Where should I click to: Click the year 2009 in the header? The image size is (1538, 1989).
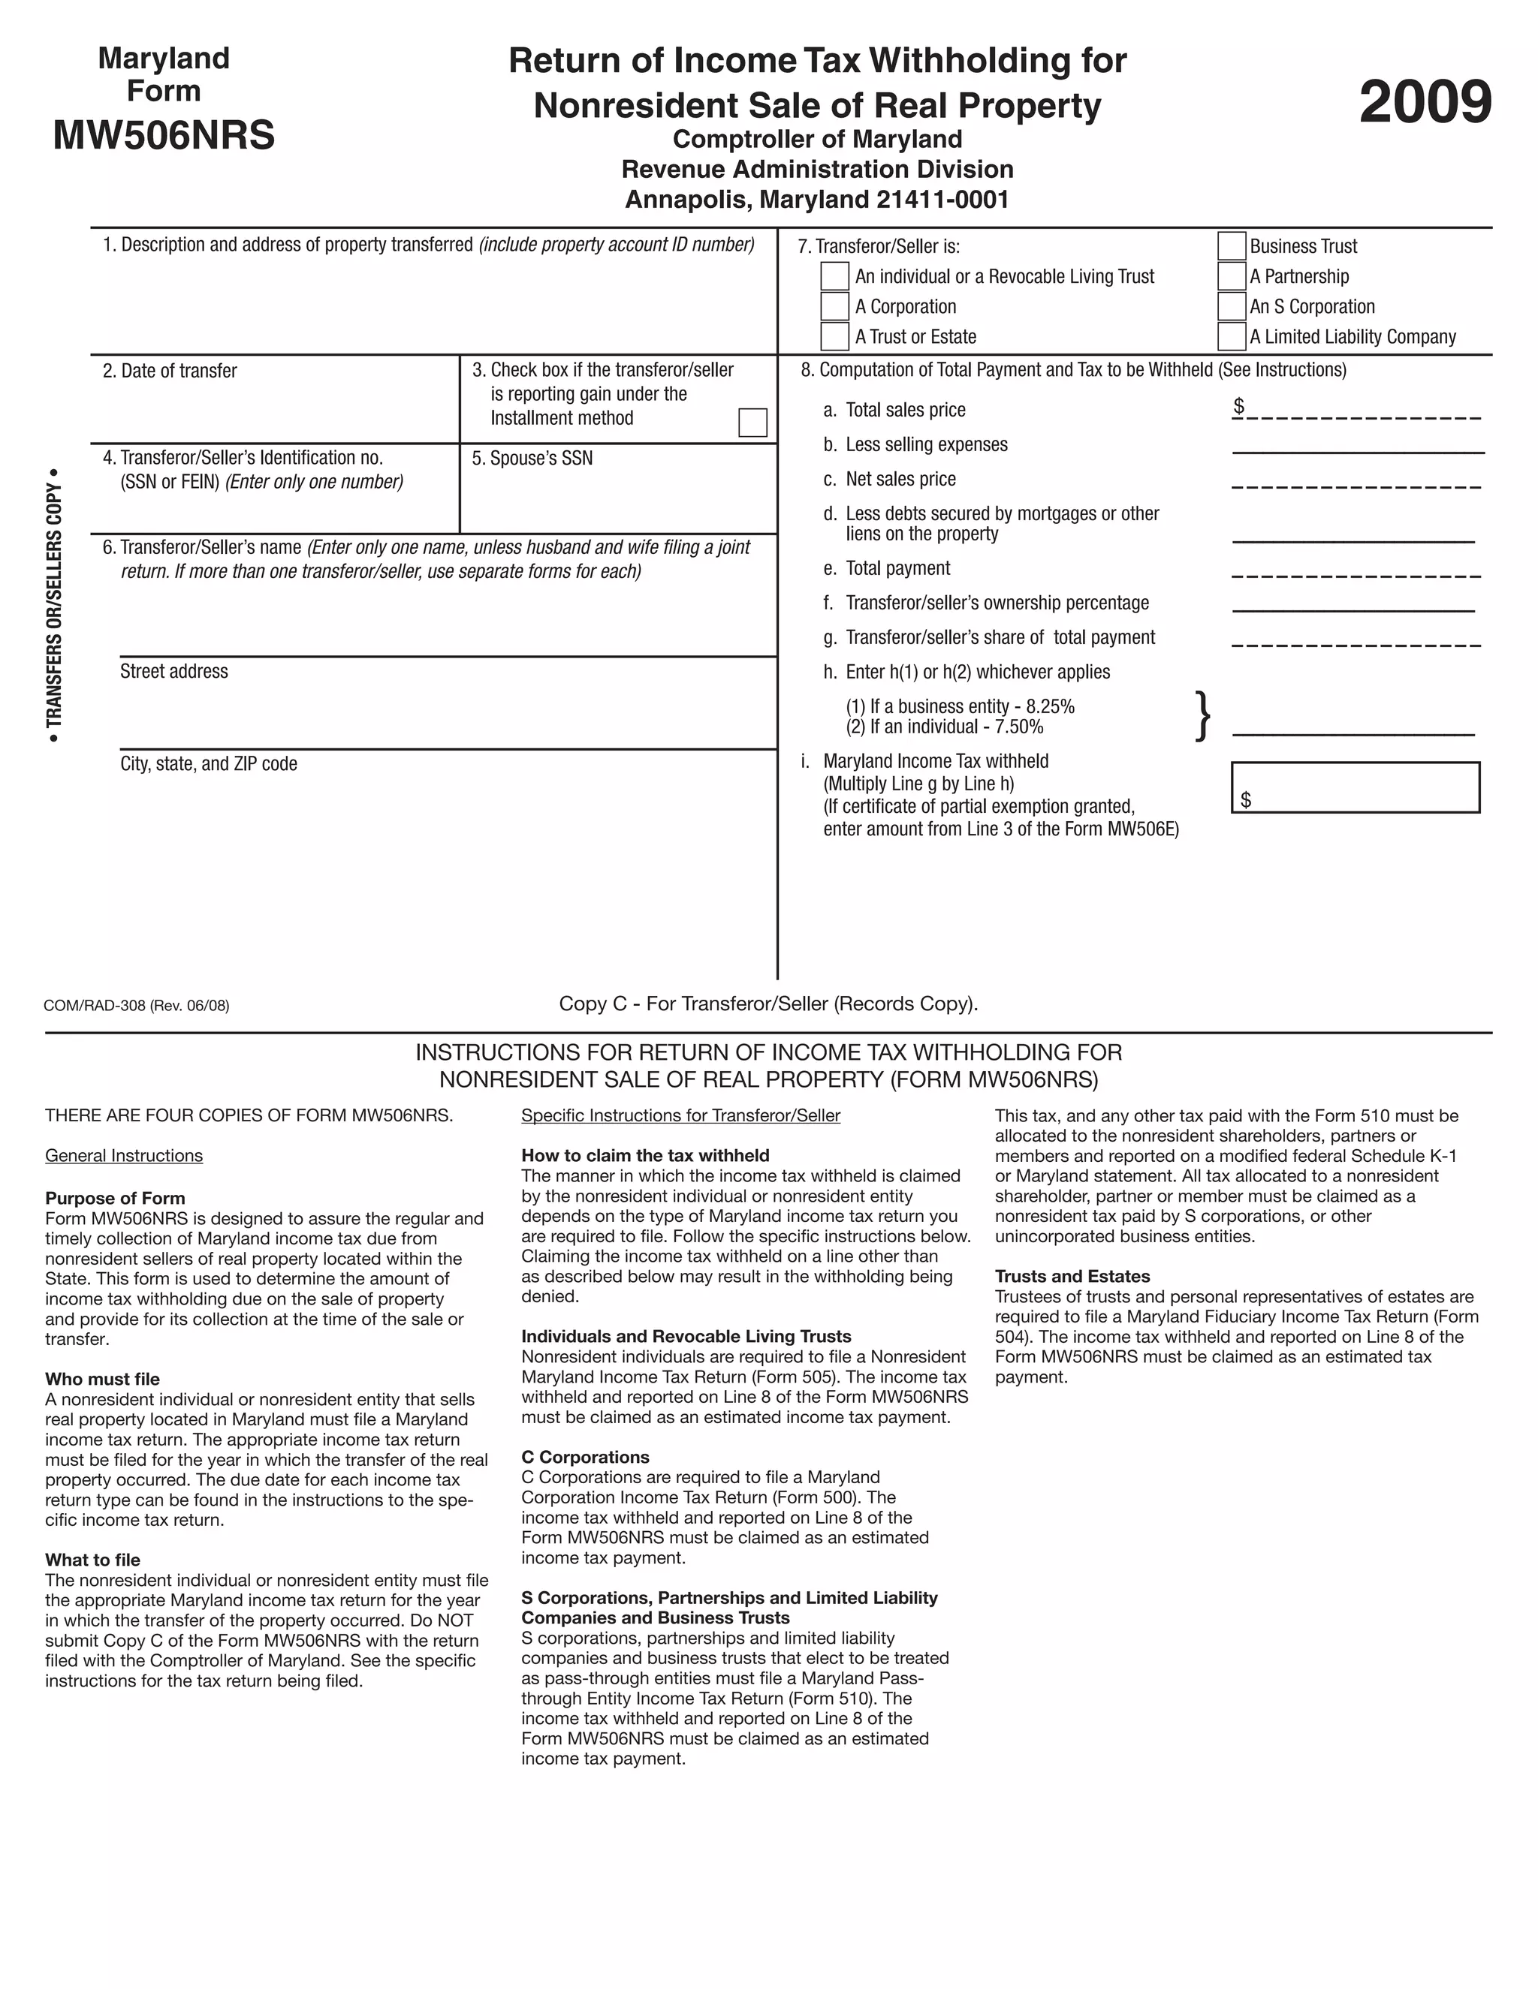coord(1425,102)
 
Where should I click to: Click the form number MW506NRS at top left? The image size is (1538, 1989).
coord(164,136)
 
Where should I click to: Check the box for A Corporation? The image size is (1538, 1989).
coord(834,306)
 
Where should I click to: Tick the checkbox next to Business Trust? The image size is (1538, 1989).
coord(1231,246)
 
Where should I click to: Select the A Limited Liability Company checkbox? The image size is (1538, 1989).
coord(1231,336)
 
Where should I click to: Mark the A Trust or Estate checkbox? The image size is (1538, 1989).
coord(834,336)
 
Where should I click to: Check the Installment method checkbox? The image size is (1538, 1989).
coord(752,423)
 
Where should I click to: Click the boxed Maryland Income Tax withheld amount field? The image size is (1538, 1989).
coord(1355,787)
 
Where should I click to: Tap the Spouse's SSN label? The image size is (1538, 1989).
coord(532,458)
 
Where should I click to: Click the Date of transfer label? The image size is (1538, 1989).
coord(170,371)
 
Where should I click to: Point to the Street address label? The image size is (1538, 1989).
coord(174,671)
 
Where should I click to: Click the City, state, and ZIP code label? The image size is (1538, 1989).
coord(209,763)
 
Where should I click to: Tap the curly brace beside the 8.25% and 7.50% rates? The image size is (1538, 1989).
coord(1203,716)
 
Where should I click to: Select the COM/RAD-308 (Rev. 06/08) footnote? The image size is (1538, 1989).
coord(137,1006)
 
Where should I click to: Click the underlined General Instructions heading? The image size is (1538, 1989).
coord(124,1156)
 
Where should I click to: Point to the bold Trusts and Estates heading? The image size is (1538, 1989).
coord(1072,1276)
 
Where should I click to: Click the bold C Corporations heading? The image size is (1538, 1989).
coord(585,1457)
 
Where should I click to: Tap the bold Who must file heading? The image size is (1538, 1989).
coord(102,1379)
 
